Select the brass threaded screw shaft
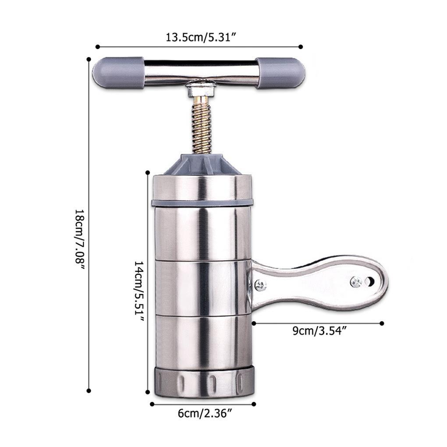pos(202,125)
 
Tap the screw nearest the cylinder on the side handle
pos(261,285)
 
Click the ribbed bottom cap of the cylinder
pos(202,381)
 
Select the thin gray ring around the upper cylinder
pos(202,202)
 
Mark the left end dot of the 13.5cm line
pos(97,46)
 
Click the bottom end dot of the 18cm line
pos(89,390)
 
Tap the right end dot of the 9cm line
pos(382,323)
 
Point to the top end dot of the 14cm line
pos(148,173)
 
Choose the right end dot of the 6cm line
pos(254,404)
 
